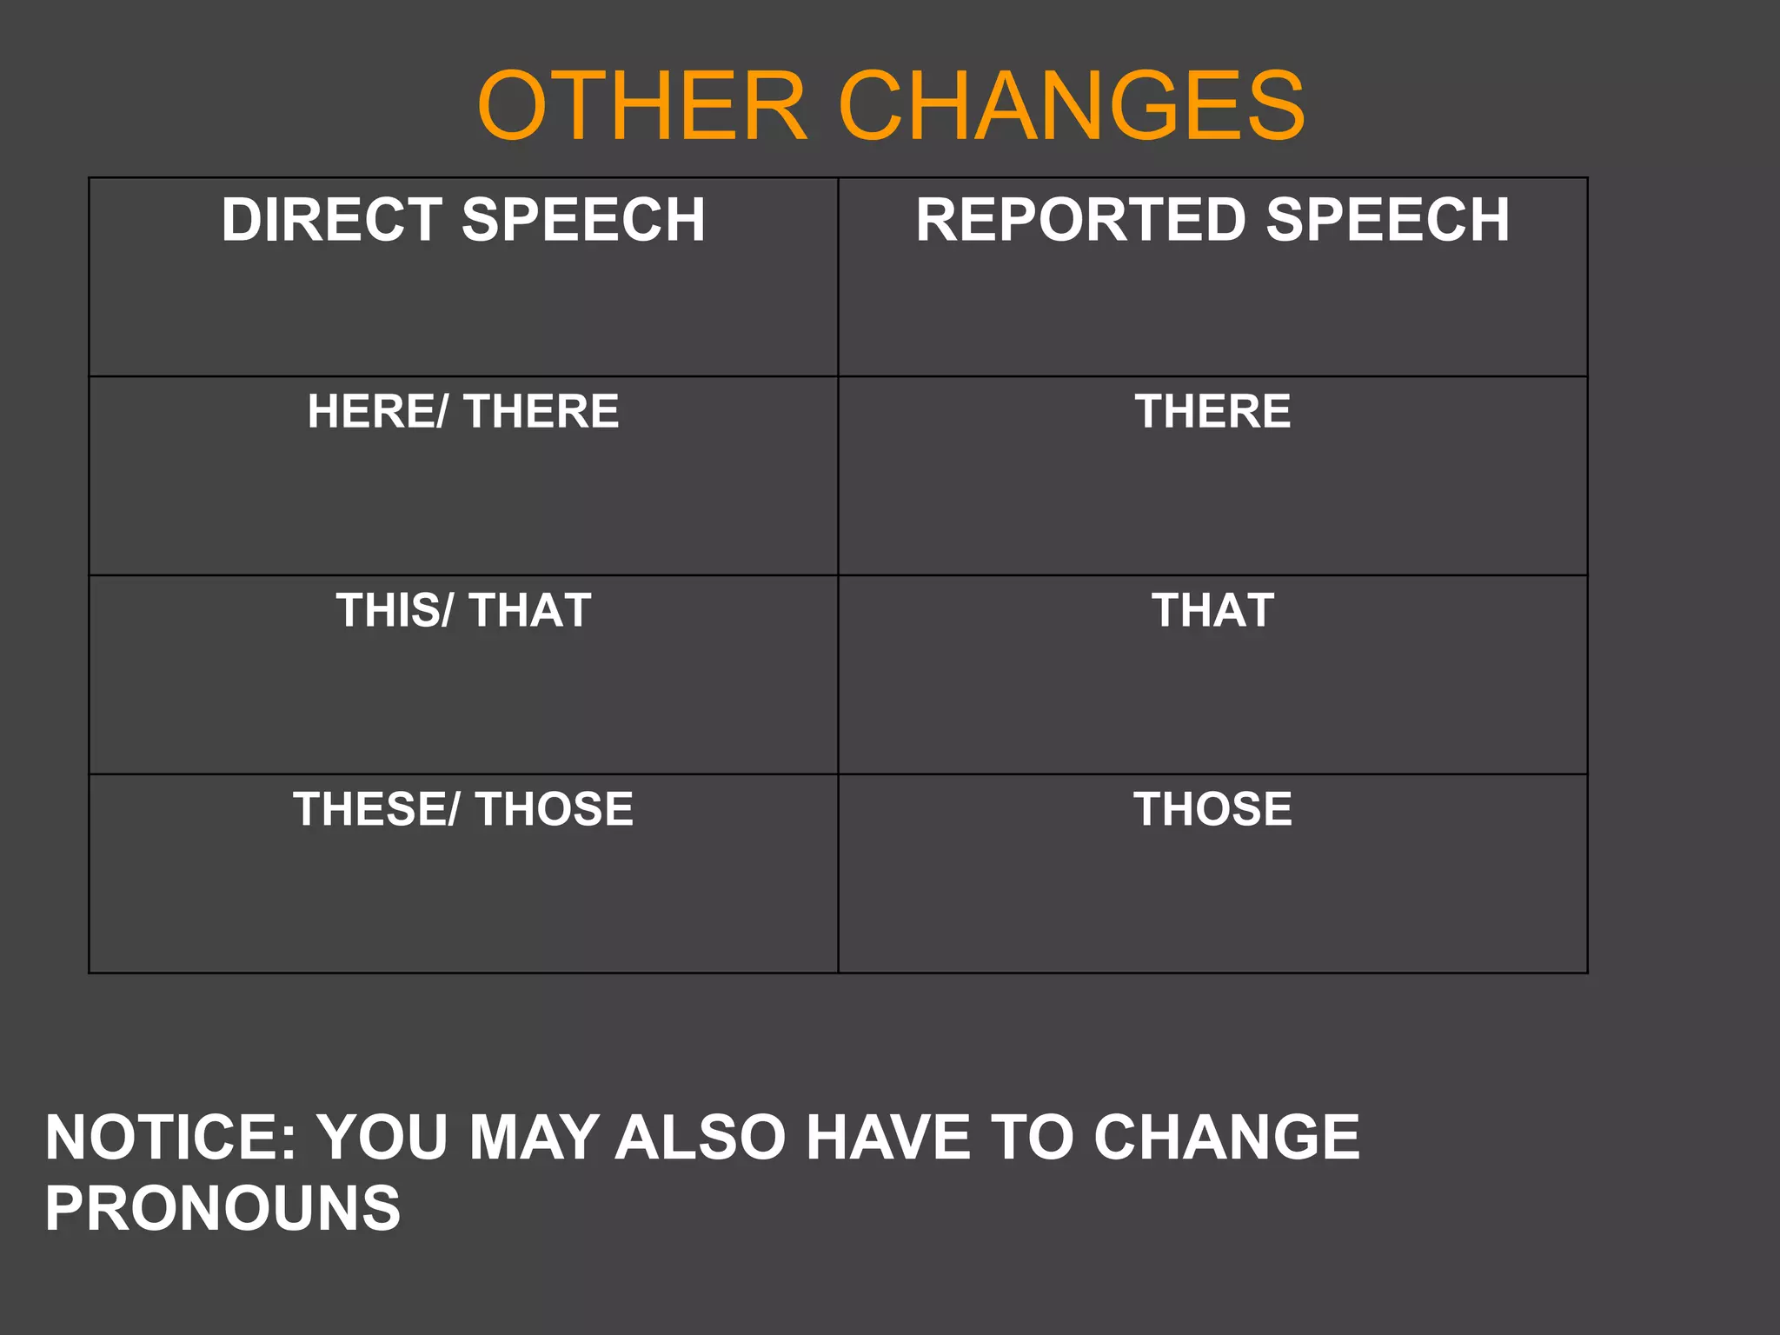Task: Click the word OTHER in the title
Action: pos(642,106)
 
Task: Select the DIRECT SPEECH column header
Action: pos(463,219)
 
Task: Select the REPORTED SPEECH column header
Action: pos(1212,219)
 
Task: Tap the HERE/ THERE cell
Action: pos(463,411)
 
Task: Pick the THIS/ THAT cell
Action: pos(463,610)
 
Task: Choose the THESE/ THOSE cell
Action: pos(463,809)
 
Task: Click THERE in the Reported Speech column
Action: pos(1212,411)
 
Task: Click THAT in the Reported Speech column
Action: pos(1212,610)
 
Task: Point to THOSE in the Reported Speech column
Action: pos(1212,809)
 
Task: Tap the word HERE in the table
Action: pos(374,411)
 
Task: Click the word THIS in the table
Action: pos(390,610)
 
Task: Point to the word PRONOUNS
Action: pos(222,1208)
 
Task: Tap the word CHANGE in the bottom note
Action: pos(1226,1137)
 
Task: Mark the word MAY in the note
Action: pos(534,1137)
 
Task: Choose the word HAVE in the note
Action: pos(887,1137)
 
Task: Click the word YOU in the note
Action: pos(382,1137)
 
